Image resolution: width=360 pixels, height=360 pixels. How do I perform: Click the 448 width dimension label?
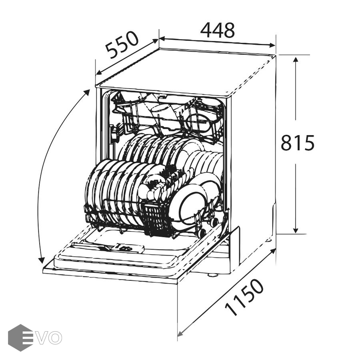click(x=218, y=30)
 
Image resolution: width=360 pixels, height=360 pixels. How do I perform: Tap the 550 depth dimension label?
click(x=122, y=45)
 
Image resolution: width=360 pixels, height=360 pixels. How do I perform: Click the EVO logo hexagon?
click(x=20, y=338)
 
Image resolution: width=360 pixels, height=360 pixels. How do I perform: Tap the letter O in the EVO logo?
click(x=55, y=338)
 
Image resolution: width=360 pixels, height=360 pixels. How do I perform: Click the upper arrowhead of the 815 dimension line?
click(x=296, y=60)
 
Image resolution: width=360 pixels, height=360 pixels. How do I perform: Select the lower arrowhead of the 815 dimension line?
click(x=296, y=230)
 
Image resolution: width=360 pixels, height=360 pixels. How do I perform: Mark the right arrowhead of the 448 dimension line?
click(x=272, y=45)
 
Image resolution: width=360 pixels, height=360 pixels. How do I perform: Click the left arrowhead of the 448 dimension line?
click(x=162, y=38)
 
